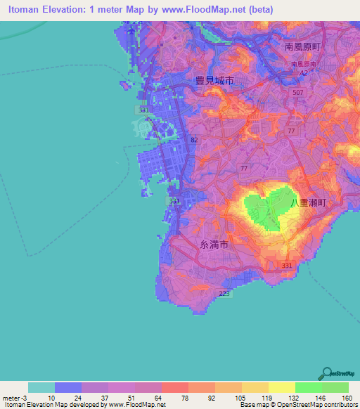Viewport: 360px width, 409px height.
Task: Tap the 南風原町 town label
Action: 302,46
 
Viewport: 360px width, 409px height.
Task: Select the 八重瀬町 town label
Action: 309,202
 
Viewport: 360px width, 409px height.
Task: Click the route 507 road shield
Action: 298,92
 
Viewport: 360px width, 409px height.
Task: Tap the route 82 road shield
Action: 193,140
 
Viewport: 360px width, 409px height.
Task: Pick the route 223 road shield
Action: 224,293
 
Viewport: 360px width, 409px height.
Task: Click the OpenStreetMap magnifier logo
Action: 328,372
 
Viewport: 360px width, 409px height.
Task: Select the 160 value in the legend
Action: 346,397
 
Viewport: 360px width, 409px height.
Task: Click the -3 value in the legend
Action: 26,397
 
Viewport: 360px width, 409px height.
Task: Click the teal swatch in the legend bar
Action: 41,387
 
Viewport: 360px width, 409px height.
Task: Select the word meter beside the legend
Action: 11,397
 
